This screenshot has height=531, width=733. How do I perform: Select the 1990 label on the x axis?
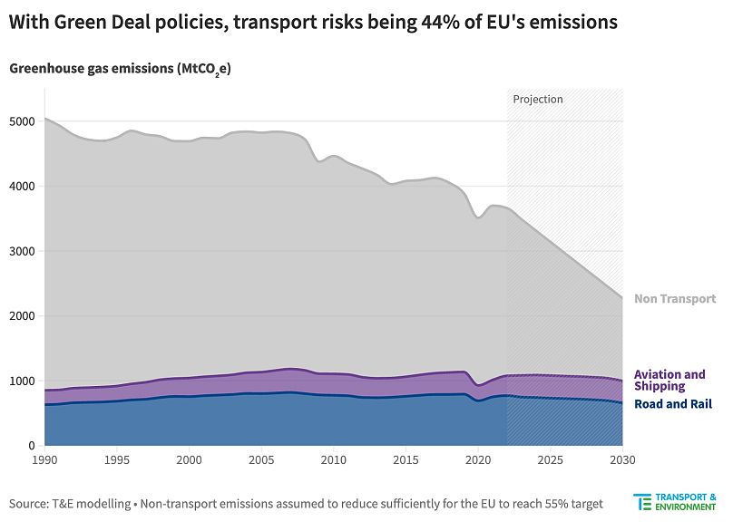44,461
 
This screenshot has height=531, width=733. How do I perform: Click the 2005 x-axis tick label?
261,461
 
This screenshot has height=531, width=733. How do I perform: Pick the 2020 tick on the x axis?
478,461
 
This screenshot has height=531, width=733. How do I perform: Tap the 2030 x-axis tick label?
621,461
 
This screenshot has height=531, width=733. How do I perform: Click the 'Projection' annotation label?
538,99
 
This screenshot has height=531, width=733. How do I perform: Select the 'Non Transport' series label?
675,299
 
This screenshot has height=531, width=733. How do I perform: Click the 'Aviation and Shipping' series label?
669,381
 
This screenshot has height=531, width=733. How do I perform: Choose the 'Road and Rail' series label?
673,404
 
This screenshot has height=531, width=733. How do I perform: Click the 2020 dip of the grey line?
478,217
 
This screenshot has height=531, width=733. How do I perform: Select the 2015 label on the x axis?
406,461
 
